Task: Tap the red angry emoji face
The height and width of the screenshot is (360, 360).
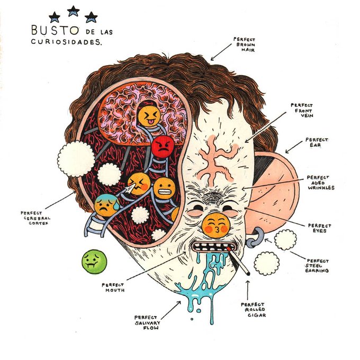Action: pos(163,147)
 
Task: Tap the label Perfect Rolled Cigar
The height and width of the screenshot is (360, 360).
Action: pos(253,310)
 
